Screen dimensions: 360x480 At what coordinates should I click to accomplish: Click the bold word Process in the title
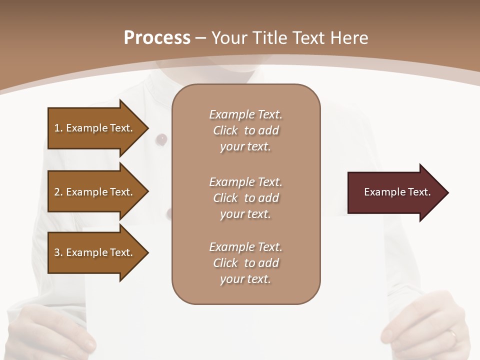[x=157, y=38]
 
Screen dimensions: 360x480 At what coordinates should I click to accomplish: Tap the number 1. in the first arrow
[x=58, y=128]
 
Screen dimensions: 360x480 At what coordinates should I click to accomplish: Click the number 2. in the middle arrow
[x=58, y=192]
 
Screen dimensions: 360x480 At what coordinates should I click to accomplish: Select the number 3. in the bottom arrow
[x=58, y=252]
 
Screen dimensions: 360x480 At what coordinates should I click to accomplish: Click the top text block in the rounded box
[x=245, y=130]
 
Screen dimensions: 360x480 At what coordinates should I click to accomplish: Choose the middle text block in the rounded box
[x=245, y=198]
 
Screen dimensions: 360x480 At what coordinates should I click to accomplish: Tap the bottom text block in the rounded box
[x=245, y=263]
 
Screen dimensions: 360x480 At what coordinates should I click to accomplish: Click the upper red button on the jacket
[x=161, y=138]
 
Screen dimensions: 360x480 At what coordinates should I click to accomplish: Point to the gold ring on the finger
[x=452, y=334]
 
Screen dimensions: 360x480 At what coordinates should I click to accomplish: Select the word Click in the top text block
[x=225, y=130]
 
